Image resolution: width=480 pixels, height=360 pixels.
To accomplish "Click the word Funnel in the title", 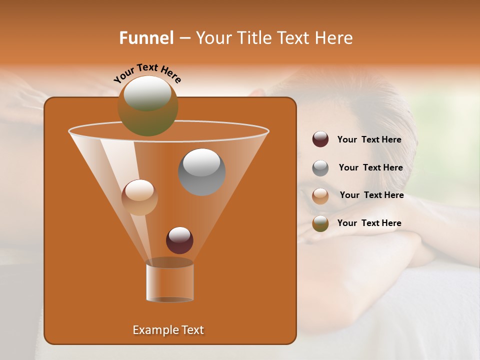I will tap(146, 38).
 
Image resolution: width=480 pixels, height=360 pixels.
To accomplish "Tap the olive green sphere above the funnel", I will tap(147, 105).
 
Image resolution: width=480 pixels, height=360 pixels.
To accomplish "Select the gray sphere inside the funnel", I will tap(201, 171).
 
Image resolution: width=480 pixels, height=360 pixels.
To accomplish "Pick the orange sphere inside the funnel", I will tap(139, 197).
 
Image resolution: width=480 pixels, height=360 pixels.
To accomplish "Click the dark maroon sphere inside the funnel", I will tap(179, 240).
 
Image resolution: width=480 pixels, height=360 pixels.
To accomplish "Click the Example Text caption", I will tap(168, 330).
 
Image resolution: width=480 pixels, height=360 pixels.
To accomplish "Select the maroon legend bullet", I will tap(320, 139).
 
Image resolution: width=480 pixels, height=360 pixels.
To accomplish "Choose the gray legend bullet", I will tap(320, 168).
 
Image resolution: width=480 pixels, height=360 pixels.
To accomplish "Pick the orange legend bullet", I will tap(320, 196).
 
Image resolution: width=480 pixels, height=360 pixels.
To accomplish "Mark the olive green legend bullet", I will tap(320, 223).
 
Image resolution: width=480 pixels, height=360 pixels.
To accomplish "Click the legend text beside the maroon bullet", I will tap(369, 140).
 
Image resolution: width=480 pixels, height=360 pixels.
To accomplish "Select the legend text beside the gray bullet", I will tap(370, 168).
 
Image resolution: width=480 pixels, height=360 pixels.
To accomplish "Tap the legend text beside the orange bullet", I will tap(371, 195).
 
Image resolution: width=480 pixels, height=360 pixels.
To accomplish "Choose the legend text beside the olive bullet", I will tap(369, 223).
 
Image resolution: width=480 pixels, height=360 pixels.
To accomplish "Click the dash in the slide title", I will tap(184, 38).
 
